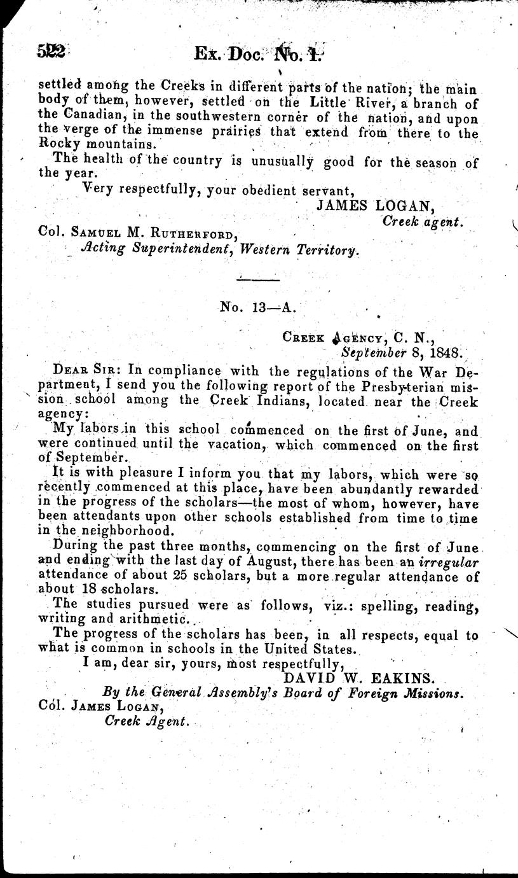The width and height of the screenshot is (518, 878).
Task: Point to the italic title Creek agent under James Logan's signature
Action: pyautogui.click(x=423, y=221)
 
